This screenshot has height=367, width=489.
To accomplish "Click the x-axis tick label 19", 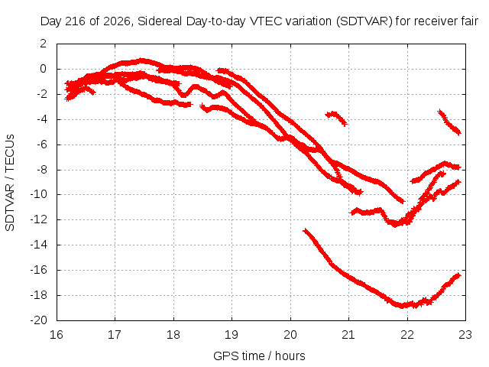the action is [232, 335].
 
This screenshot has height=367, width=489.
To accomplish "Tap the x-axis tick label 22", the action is [407, 335].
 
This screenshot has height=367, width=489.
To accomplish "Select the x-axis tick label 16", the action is [57, 335].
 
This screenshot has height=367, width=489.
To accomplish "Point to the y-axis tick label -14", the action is [38, 245].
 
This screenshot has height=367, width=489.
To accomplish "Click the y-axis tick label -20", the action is [38, 320].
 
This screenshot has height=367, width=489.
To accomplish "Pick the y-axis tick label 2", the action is [43, 44].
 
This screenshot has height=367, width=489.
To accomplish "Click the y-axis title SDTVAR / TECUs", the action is [10, 183].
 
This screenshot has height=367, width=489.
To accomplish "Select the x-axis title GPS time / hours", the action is [259, 356].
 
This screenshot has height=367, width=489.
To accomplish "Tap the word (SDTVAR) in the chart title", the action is [364, 21].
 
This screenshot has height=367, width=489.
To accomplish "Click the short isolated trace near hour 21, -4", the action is [336, 119].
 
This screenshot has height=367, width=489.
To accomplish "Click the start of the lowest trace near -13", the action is [305, 231].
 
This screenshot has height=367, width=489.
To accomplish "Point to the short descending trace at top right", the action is [449, 122].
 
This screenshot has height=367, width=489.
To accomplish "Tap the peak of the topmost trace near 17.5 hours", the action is [142, 60].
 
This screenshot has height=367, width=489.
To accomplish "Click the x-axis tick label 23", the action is [465, 335].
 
